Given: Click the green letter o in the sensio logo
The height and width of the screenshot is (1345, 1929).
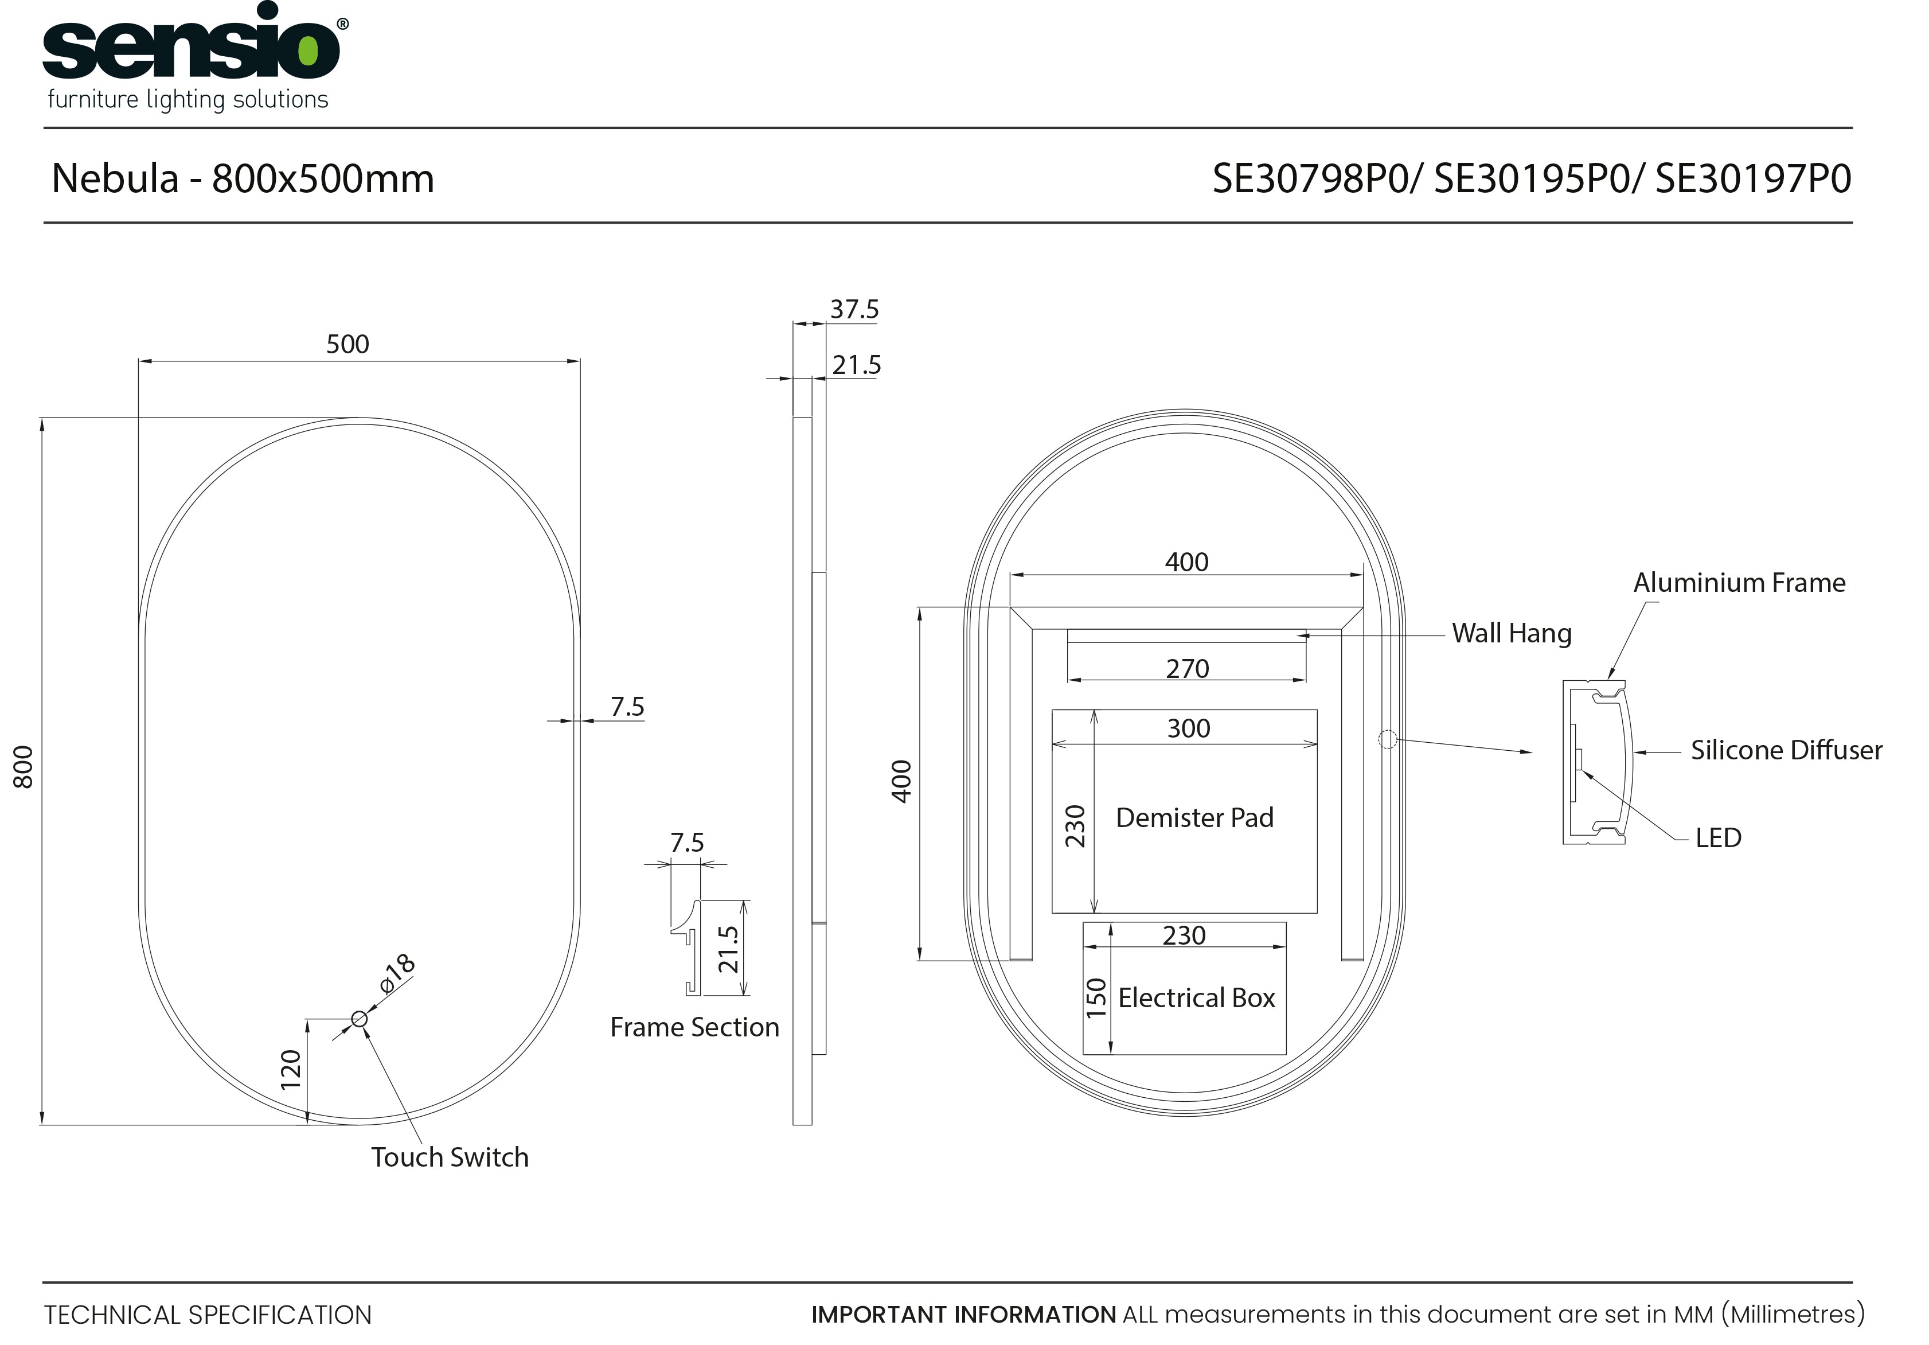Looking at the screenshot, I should [309, 51].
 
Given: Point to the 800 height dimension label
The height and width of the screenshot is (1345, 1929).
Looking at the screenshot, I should [24, 767].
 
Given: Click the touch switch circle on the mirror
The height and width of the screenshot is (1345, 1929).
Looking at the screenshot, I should [359, 1019].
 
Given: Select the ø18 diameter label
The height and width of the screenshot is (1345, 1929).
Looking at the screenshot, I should [397, 974].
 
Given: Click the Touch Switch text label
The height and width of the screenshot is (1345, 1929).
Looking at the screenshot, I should [450, 1157].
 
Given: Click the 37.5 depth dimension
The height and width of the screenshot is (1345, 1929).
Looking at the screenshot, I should [854, 309].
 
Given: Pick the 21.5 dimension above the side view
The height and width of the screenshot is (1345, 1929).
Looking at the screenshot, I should [856, 365].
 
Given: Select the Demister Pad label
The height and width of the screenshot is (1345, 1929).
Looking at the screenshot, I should [1194, 817].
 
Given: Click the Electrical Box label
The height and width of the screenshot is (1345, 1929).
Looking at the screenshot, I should [1196, 998].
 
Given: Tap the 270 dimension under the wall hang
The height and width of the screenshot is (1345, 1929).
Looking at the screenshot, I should [1187, 669].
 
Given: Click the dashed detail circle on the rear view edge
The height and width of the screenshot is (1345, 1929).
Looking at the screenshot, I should [1387, 739].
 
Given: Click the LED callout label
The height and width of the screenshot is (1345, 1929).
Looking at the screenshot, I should [1717, 837].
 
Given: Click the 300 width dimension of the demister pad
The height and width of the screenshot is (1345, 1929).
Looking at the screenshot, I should [1188, 728].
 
